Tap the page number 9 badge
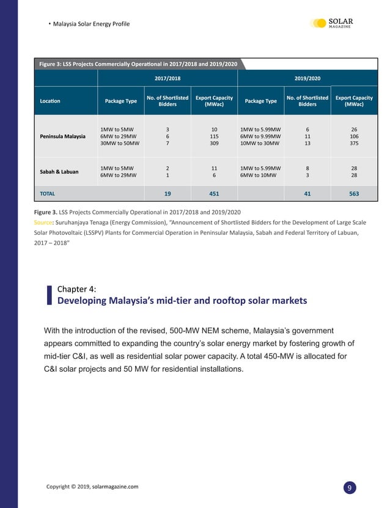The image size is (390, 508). [348, 487]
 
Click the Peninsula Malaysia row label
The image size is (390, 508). [63, 136]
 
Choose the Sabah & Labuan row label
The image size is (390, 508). [61, 171]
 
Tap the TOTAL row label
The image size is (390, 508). [48, 193]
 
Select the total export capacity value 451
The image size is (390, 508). [215, 193]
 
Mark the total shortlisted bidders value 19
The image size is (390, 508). [167, 193]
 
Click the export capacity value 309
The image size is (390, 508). [215, 144]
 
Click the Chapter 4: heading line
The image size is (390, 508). [76, 289]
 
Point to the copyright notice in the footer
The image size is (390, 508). [92, 487]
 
